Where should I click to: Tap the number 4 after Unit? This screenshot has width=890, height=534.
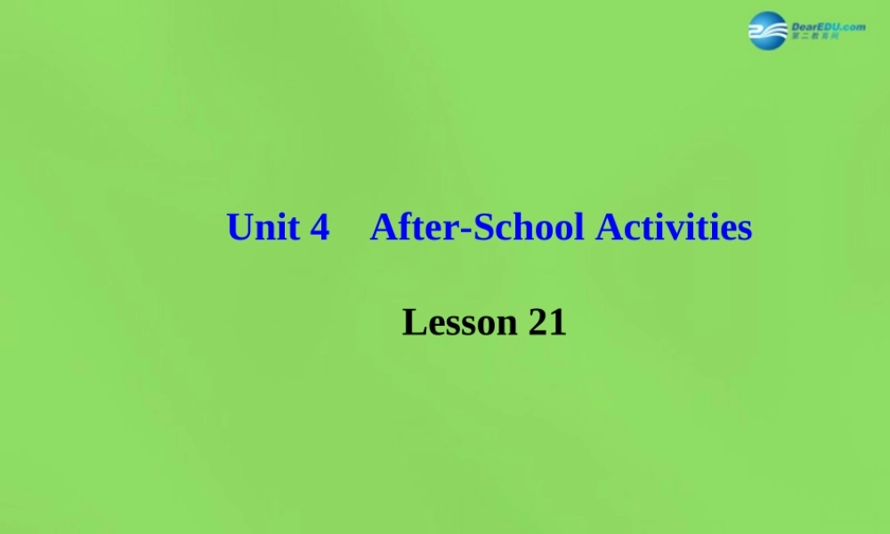pos(320,228)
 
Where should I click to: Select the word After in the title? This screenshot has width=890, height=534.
pos(406,228)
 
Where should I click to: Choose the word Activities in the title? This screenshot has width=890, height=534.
pos(674,228)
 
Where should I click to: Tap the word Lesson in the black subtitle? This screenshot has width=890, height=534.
pos(459,322)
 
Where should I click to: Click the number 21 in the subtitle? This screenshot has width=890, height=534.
pos(547,322)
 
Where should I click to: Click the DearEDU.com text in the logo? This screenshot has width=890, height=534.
pos(829,27)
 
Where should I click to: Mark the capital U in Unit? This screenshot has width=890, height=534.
pos(239,228)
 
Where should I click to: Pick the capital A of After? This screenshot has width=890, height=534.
pos(383,228)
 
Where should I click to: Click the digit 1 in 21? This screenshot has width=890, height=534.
pos(557,322)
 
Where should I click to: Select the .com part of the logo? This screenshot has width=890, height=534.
pos(853,27)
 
